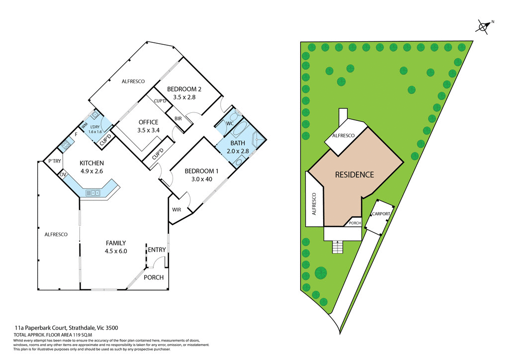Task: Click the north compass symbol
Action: [482, 26]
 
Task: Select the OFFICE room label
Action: [148, 122]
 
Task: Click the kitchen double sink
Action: [93, 192]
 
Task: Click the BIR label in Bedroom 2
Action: [178, 118]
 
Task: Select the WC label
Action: [230, 123]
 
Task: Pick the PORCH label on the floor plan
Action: [154, 277]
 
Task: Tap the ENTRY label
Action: [157, 250]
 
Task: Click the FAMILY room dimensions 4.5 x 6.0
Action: [116, 251]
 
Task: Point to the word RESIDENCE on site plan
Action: [354, 175]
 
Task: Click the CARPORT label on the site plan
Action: [381, 214]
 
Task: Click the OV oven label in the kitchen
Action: [63, 175]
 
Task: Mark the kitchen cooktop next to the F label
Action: [65, 145]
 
